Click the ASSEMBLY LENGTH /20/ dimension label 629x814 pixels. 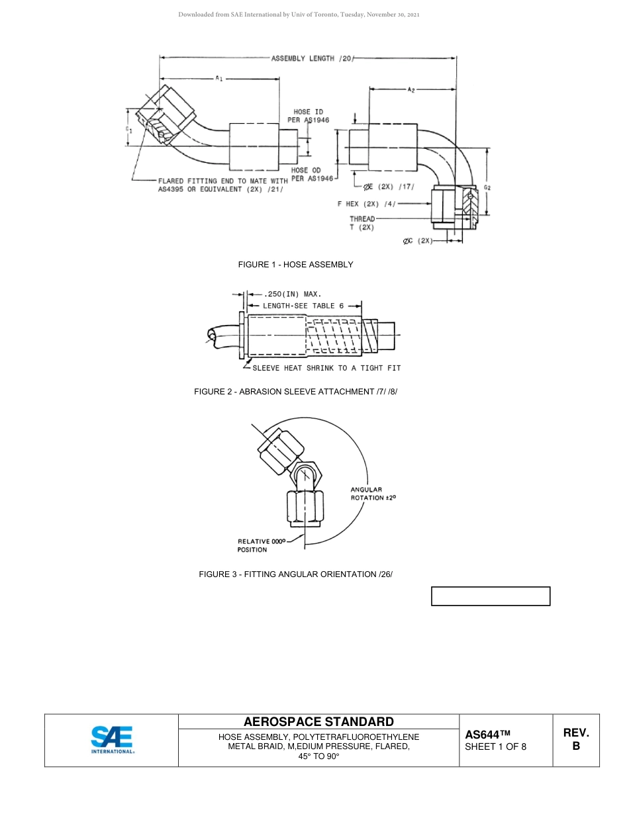pos(312,58)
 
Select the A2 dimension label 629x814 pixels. pos(411,89)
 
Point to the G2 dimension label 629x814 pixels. pos(487,188)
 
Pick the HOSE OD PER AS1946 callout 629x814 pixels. pos(307,174)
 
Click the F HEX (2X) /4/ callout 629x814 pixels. pos(366,204)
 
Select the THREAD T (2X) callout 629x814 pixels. pos(362,223)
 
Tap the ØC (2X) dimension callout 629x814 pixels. pos(417,241)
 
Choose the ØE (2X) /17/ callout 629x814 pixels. pos(389,186)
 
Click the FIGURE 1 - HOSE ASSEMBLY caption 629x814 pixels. pos(295,265)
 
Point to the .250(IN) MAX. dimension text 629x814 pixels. pos(292,293)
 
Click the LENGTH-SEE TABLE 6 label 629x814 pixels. pos(303,306)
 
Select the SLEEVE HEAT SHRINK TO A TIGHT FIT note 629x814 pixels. pos(326,368)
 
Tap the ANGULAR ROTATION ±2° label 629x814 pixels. pos(373,494)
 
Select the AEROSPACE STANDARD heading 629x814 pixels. pos(318,722)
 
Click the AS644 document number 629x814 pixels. pos(488,735)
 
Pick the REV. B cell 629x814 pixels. pos(576,740)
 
